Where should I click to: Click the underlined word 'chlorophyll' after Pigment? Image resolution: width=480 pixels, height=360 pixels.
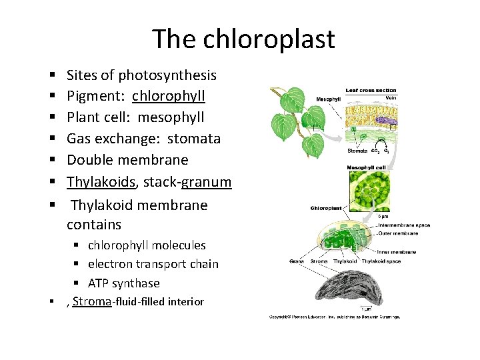point(168,96)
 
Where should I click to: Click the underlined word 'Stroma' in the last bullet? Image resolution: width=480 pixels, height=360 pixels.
point(91,301)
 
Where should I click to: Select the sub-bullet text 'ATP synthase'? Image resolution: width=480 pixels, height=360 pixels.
point(123,283)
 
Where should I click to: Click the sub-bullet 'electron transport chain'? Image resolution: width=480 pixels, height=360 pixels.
point(153,264)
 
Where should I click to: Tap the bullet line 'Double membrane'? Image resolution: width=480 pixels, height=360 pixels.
point(127,160)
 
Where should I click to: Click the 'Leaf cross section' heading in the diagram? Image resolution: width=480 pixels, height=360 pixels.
point(370,91)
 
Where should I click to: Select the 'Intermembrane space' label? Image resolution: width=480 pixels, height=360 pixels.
point(404,225)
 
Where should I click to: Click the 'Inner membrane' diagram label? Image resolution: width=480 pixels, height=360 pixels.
point(397,252)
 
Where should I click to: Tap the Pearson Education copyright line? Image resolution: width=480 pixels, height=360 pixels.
point(334,317)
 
